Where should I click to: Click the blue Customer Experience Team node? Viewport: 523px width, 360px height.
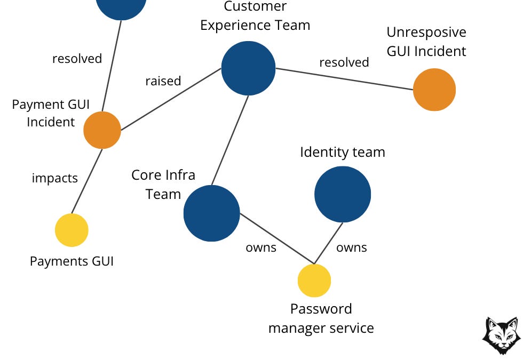248,68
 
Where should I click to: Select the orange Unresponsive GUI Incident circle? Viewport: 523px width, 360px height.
434,90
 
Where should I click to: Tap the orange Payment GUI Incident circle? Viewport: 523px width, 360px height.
102,130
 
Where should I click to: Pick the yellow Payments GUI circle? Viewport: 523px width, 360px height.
72,230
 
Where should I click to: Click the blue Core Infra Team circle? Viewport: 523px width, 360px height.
211,213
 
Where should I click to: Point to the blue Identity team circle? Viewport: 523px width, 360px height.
343,194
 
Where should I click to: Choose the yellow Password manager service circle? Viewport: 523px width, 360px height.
314,281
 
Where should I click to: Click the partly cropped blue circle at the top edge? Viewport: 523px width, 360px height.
122,6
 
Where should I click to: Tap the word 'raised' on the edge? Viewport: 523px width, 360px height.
163,81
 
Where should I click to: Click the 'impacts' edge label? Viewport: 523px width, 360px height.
55,178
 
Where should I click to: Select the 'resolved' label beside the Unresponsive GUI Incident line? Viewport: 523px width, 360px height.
344,62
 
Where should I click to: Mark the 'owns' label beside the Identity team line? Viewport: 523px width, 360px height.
352,247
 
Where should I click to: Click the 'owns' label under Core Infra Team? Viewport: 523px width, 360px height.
261,247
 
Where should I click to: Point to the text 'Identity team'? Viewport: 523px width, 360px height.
343,152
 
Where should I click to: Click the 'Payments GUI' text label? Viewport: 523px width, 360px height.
72,261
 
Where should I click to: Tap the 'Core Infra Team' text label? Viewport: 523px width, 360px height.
163,185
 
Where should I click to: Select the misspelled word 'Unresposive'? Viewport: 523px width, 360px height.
426,33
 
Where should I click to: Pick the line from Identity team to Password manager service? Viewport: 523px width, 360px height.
328,243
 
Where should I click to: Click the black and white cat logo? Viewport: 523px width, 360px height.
501,335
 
